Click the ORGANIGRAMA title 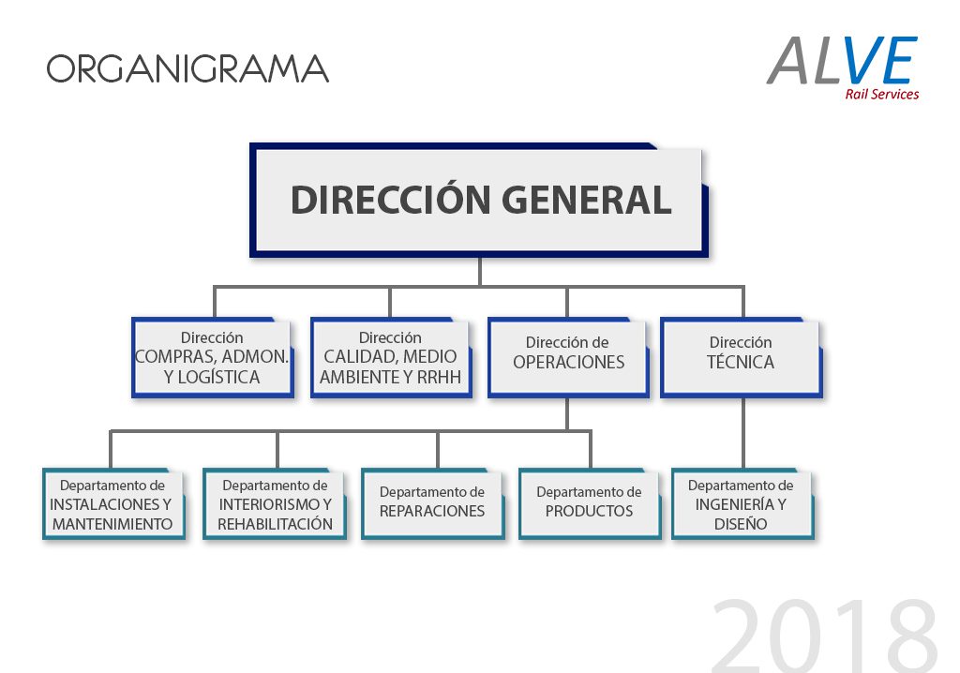[x=187, y=68]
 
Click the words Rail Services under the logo [x=881, y=94]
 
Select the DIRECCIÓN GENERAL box [x=478, y=199]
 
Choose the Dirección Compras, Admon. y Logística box [x=212, y=357]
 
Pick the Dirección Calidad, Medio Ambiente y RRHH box [x=390, y=357]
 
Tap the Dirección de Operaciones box [x=567, y=357]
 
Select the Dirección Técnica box [x=741, y=357]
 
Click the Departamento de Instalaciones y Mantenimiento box [x=112, y=503]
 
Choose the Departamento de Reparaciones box [x=432, y=503]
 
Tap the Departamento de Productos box [x=590, y=503]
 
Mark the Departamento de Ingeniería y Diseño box [x=741, y=503]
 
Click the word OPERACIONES [x=568, y=362]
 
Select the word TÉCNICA [x=741, y=362]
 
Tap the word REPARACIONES [x=432, y=511]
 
